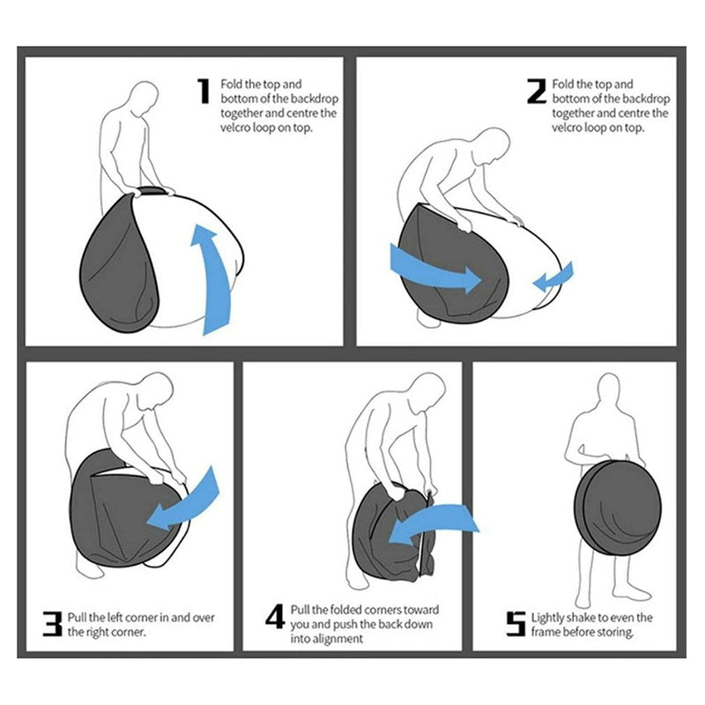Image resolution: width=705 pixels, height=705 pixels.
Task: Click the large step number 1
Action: (204, 91)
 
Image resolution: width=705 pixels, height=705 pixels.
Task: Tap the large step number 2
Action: (537, 92)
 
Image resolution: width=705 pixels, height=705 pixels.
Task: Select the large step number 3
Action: (52, 624)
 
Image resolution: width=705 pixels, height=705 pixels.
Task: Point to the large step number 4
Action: (275, 616)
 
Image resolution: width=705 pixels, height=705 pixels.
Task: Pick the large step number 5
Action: (516, 624)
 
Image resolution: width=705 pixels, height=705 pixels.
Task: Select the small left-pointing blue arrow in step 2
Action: (553, 278)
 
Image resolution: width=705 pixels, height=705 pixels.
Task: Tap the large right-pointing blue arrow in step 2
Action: (434, 269)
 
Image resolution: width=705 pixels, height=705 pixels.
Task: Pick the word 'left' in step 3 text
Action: (115, 618)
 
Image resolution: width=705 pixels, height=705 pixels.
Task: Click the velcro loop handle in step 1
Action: (151, 191)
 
